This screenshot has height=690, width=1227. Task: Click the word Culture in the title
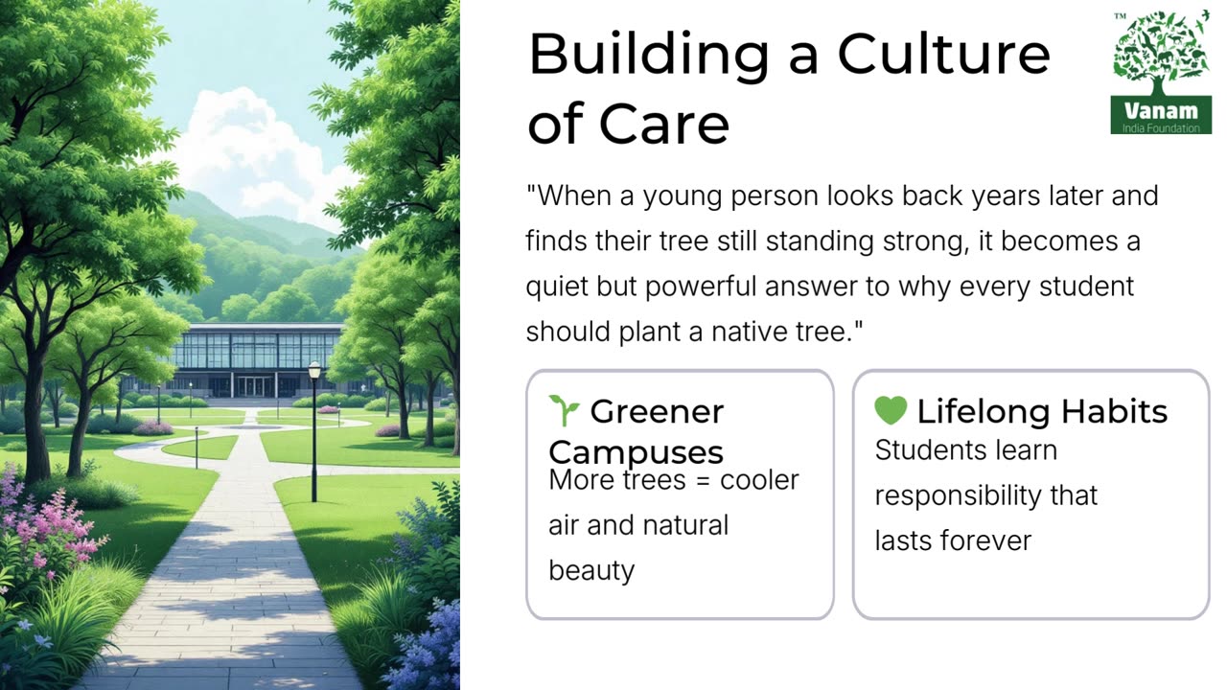click(943, 55)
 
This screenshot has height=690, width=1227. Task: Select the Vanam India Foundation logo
click(1161, 73)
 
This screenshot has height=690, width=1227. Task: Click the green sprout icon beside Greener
click(565, 410)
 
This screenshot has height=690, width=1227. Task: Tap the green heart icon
click(891, 410)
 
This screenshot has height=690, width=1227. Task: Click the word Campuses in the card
click(636, 452)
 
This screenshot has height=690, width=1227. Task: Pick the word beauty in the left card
click(591, 570)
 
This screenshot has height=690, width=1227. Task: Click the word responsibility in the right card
click(986, 495)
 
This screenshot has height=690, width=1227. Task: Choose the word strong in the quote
click(923, 241)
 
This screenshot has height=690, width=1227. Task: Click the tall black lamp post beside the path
click(313, 431)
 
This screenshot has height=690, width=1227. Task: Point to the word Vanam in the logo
click(1160, 108)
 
